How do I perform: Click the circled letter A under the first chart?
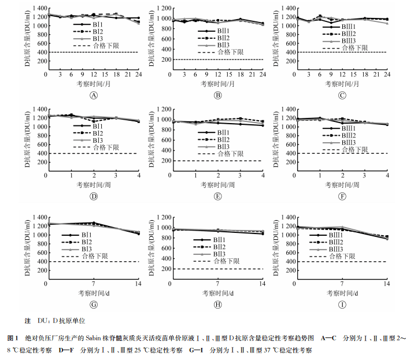94,95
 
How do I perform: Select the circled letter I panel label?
342,305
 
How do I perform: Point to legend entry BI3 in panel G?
87,249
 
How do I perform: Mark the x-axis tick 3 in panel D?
116,175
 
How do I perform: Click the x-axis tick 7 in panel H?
217,284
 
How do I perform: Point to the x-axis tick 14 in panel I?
387,284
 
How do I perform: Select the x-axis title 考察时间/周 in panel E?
217,184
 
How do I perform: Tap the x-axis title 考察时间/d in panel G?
93,292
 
